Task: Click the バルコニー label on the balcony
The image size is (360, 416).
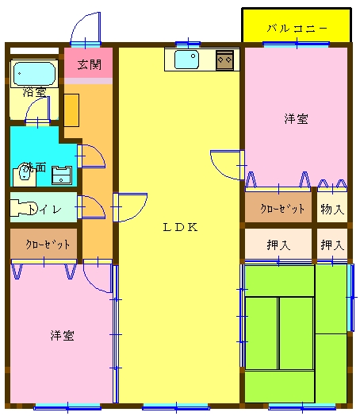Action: click(x=297, y=28)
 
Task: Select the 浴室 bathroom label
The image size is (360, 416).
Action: click(x=34, y=92)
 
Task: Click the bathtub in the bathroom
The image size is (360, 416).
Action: click(x=34, y=75)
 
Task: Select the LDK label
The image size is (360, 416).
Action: click(x=180, y=227)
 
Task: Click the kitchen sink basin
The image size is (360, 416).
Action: click(x=187, y=60)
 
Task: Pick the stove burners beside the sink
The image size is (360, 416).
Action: click(x=225, y=60)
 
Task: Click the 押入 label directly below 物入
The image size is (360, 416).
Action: click(x=332, y=245)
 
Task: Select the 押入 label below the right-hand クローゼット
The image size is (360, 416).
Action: click(x=278, y=245)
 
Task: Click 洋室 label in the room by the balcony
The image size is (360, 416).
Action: click(x=297, y=119)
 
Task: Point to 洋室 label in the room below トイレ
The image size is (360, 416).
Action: click(x=62, y=335)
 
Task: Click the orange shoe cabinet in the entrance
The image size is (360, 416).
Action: click(x=71, y=110)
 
